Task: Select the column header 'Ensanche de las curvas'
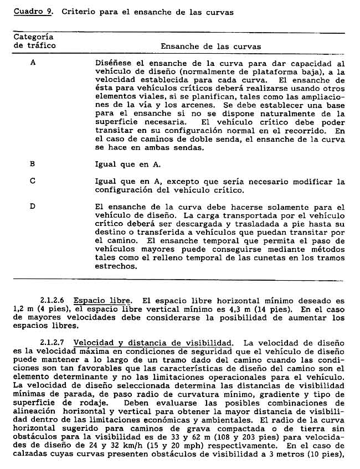pos(210,47)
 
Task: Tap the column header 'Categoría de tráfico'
pos(34,42)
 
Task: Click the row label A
pos(33,63)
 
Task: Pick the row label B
pos(33,164)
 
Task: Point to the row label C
pos(33,181)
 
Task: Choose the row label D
pos(33,207)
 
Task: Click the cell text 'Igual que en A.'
pos(128,164)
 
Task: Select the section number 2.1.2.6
pos(54,301)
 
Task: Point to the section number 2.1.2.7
pos(54,343)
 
